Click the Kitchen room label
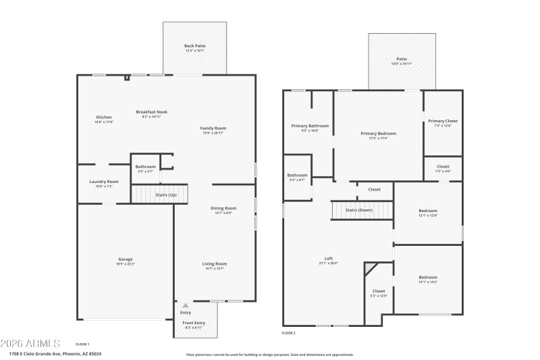104,118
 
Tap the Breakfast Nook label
151,112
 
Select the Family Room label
213,128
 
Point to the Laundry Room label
104,182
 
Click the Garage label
126,260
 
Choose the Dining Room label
223,209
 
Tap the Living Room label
215,264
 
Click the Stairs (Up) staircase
159,195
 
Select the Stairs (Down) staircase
361,211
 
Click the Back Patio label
195,47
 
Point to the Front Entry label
194,324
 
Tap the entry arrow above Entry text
186,306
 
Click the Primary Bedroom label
378,134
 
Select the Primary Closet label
443,122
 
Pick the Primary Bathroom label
310,126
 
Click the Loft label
329,259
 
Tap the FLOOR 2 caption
288,333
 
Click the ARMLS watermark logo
31,343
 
